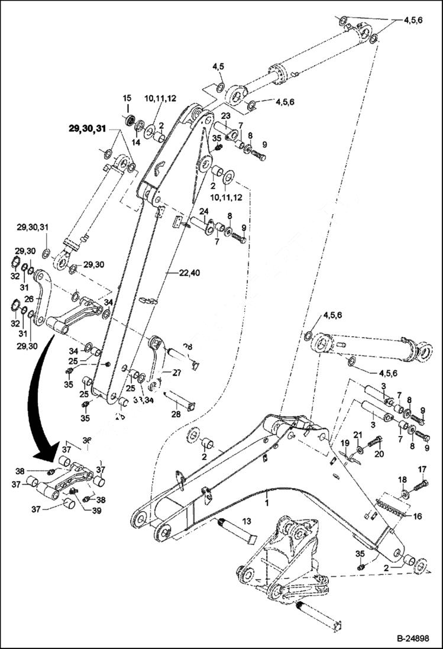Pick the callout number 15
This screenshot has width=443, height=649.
pyautogui.click(x=127, y=98)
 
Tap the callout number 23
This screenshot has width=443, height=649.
pyautogui.click(x=225, y=116)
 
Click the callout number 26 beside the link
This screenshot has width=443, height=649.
pyautogui.click(x=30, y=299)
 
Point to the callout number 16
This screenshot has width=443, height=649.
pyautogui.click(x=418, y=516)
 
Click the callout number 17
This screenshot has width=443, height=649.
pyautogui.click(x=422, y=470)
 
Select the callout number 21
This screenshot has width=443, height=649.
pyautogui.click(x=357, y=435)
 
